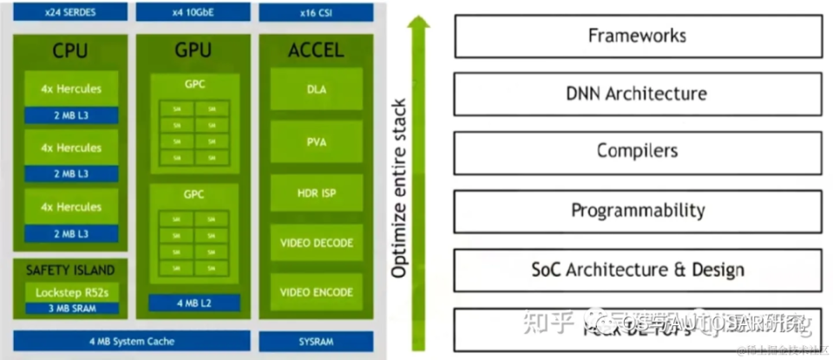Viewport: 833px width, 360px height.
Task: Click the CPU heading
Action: (x=69, y=50)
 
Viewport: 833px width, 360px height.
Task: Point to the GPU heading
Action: (x=193, y=50)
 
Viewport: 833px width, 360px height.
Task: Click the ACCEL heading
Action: (x=317, y=50)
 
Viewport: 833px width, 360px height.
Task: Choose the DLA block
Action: (x=317, y=88)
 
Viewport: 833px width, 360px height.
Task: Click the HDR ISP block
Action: (x=317, y=192)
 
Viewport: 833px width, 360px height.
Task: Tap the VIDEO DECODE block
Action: (x=317, y=243)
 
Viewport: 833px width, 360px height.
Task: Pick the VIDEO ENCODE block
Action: (x=317, y=292)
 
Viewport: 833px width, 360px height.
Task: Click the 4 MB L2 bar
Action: (x=193, y=303)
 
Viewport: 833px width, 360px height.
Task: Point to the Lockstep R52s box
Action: (x=71, y=292)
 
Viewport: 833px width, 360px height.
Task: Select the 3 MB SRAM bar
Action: (x=71, y=308)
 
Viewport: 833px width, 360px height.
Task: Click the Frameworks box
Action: (x=637, y=36)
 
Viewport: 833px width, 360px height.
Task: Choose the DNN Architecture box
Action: (x=637, y=94)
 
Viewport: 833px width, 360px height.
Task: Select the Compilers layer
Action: (x=637, y=151)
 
